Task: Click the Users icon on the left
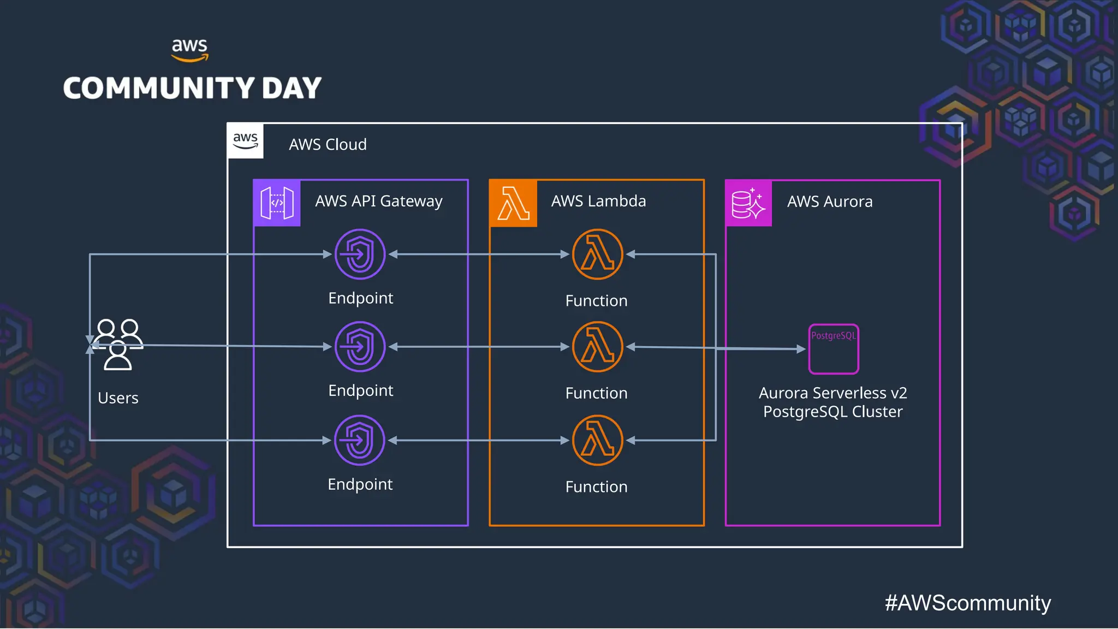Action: point(117,345)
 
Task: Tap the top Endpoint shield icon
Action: point(360,254)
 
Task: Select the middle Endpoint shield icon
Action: point(360,347)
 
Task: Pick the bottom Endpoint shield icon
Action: point(360,440)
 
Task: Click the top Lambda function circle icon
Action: point(598,254)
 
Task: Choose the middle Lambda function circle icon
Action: point(598,347)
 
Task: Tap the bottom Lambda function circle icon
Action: point(598,440)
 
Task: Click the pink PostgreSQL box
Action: point(834,349)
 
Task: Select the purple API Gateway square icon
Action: point(277,203)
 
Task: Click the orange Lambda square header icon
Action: point(513,203)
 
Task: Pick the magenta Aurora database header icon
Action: point(748,203)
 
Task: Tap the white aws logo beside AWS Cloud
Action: point(246,141)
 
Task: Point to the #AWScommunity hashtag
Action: point(967,603)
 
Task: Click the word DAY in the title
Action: point(292,88)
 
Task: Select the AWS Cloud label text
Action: point(328,145)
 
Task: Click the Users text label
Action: point(118,398)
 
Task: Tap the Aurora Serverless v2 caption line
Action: point(832,393)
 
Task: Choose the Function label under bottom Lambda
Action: point(596,486)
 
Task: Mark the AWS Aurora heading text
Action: point(830,201)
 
